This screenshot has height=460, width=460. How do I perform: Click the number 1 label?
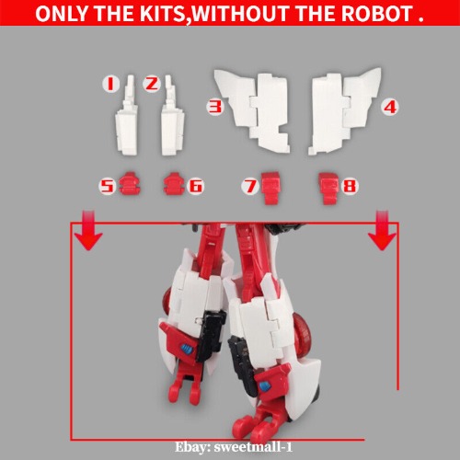109,85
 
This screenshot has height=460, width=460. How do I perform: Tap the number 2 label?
153,85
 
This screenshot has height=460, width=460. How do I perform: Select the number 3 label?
215,107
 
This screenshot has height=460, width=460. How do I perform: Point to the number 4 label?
389,107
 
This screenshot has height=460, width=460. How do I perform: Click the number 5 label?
108,187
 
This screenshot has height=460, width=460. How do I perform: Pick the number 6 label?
195,187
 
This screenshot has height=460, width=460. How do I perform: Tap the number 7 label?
248,187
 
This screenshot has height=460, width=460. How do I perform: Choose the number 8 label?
349,187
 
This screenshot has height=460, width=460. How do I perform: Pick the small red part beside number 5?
130,185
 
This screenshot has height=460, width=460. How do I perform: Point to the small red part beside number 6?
173,185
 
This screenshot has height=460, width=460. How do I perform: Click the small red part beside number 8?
328,188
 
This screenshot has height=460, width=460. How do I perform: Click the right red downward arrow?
379,234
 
